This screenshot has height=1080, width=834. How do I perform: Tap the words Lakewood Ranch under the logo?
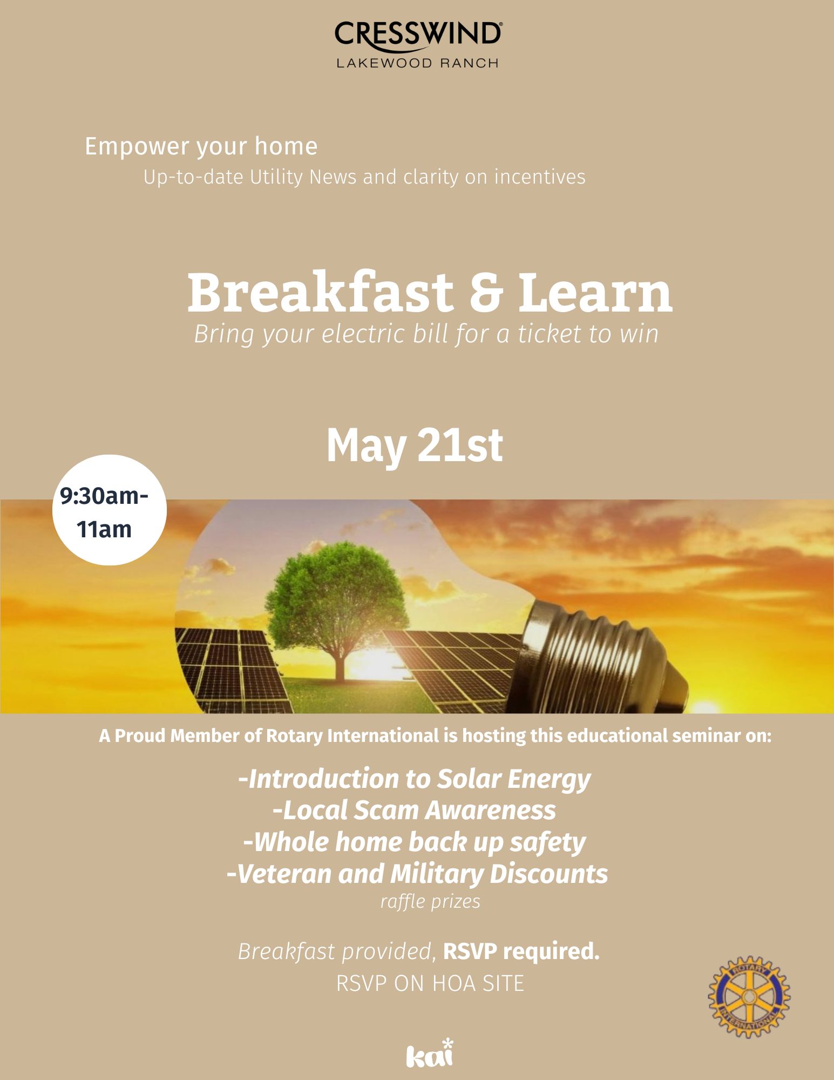click(x=417, y=63)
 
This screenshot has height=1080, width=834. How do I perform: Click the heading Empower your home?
click(x=201, y=147)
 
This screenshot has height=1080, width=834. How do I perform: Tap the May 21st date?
click(x=415, y=446)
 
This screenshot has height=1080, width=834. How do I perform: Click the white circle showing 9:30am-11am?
click(x=110, y=510)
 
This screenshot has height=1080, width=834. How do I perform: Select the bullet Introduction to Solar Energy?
click(x=415, y=779)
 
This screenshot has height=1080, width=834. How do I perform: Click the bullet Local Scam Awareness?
click(x=415, y=810)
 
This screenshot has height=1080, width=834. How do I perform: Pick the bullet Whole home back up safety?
click(x=415, y=842)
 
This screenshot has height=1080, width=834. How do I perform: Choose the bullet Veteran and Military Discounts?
click(x=417, y=874)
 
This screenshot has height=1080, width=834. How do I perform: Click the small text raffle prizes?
click(x=430, y=902)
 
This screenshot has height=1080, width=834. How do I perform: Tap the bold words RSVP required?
click(x=521, y=951)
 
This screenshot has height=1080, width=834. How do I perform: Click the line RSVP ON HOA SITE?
click(x=430, y=983)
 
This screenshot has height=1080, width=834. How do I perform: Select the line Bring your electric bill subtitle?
click(x=426, y=334)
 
